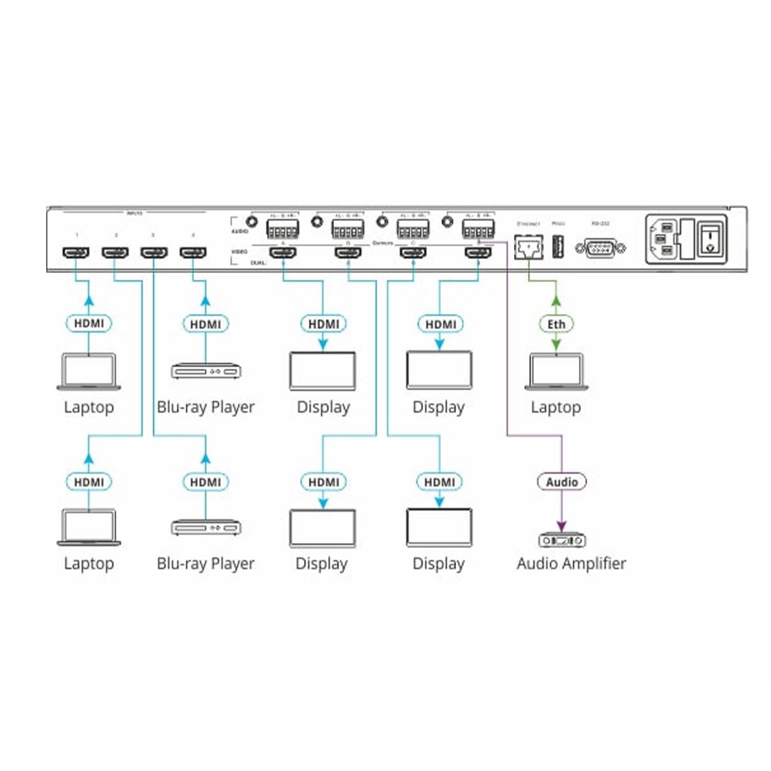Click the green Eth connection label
(x=556, y=324)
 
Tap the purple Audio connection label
(x=562, y=481)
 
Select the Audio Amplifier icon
(x=562, y=540)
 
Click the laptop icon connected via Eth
(x=556, y=371)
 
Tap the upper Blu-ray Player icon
(x=206, y=371)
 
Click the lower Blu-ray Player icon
(x=206, y=528)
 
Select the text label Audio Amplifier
(x=571, y=563)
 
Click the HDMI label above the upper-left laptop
(x=89, y=323)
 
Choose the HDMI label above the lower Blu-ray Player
(x=206, y=481)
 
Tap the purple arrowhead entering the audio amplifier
(x=562, y=524)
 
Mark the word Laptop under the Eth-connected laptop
(x=556, y=407)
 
